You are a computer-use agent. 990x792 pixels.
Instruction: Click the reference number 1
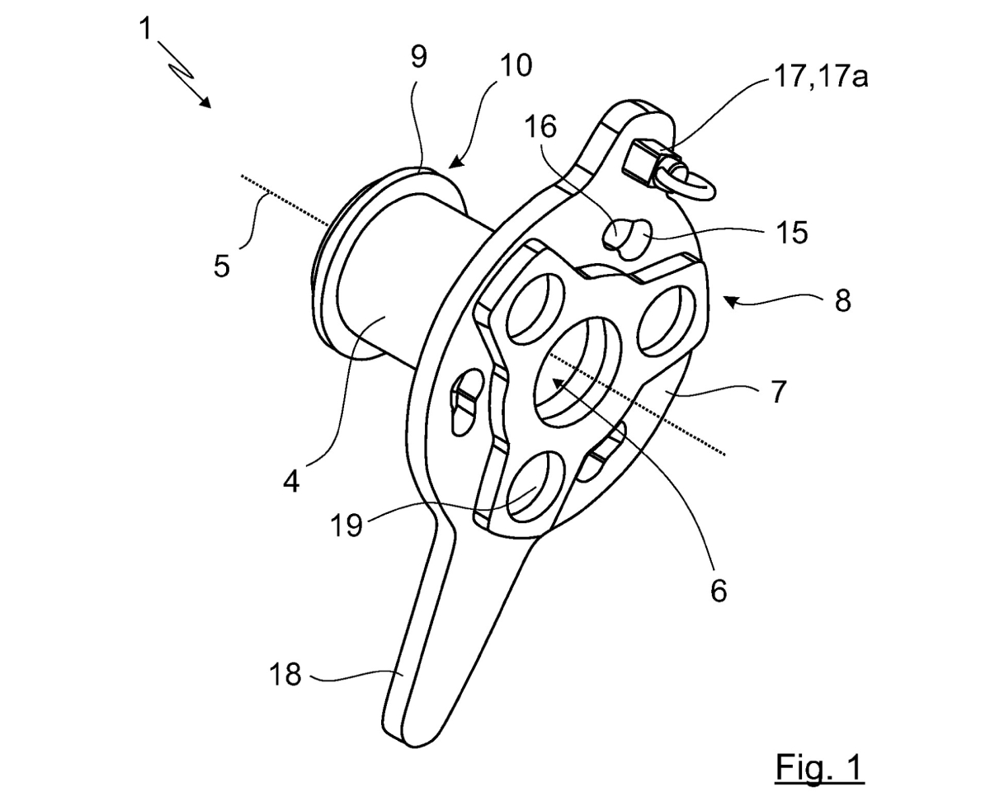pos(146,29)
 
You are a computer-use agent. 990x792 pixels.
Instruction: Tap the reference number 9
pos(419,57)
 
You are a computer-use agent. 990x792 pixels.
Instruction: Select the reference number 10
pos(516,66)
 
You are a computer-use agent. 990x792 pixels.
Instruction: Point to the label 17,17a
pos(821,77)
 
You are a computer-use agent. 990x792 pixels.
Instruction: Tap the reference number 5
pos(222,266)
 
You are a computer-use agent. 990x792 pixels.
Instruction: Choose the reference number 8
pos(843,301)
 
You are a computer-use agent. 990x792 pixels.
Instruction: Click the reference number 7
pos(778,392)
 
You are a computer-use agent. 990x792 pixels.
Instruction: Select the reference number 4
pos(292,482)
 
